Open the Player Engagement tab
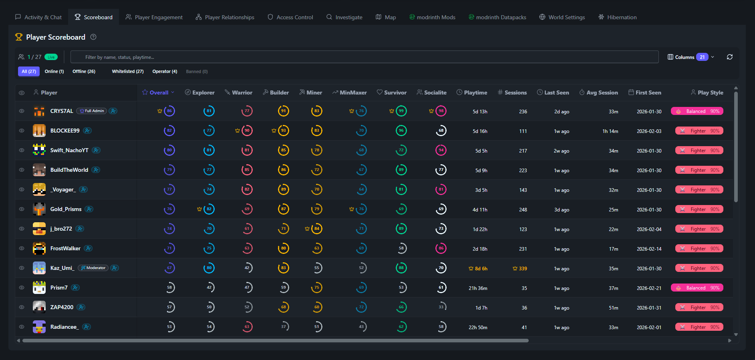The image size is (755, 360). pyautogui.click(x=154, y=17)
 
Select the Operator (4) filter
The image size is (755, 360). pyautogui.click(x=165, y=72)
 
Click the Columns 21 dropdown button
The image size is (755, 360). pyautogui.click(x=691, y=57)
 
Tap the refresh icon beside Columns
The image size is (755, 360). pyautogui.click(x=729, y=57)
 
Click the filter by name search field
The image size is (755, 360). pyautogui.click(x=364, y=57)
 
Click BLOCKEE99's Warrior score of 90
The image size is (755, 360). pyautogui.click(x=247, y=131)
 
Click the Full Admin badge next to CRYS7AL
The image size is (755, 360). pyautogui.click(x=92, y=111)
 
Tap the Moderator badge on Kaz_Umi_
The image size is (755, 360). pyautogui.click(x=93, y=268)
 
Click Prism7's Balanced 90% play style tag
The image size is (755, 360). pyautogui.click(x=697, y=288)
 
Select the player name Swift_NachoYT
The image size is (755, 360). pyautogui.click(x=69, y=150)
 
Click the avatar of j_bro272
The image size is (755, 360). pyautogui.click(x=39, y=229)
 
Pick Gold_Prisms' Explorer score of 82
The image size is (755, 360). pyautogui.click(x=209, y=209)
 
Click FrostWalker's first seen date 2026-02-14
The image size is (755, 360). pyautogui.click(x=649, y=249)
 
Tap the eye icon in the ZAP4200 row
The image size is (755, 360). pyautogui.click(x=22, y=307)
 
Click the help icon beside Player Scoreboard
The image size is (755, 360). pyautogui.click(x=93, y=37)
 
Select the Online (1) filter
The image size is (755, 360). pyautogui.click(x=54, y=72)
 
